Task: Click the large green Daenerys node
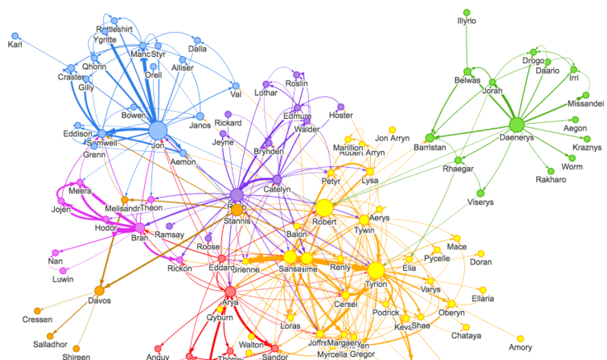coord(516,126)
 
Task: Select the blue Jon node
coord(158,130)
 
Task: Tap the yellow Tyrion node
coord(377,269)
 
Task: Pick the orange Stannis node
coord(237,210)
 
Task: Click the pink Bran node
coord(140,227)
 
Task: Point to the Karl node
coord(15,35)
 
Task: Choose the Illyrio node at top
coord(466,12)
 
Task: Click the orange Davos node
coord(99,291)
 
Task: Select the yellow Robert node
coord(324,207)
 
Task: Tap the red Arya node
coord(230,292)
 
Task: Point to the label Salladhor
coord(50,344)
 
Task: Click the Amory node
coord(520,339)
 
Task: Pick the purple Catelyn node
coord(277,180)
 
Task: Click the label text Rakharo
coord(550,180)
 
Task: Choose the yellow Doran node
coord(481,254)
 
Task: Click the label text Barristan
coord(430,148)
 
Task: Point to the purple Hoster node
coord(341,107)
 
